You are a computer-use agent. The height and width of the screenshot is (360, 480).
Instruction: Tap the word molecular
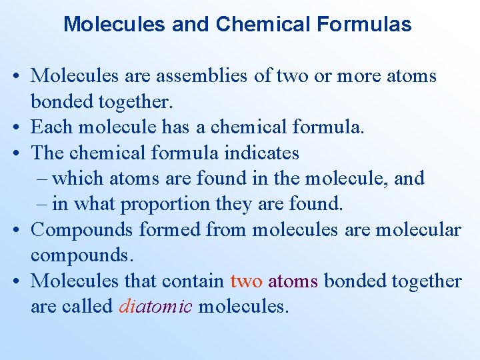[418, 229]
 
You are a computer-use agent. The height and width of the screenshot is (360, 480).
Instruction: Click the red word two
[246, 281]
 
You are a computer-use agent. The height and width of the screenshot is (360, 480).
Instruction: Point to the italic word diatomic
[156, 306]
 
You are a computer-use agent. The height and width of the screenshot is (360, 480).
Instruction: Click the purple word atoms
[293, 281]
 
